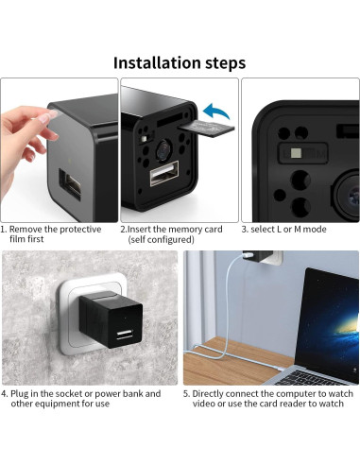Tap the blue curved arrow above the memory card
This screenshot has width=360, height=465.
tap(215, 112)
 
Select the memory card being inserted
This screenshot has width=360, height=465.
tap(207, 129)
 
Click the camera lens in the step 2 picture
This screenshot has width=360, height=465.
tap(163, 150)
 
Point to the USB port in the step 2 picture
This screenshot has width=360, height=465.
tap(164, 173)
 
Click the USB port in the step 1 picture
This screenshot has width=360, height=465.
tap(70, 184)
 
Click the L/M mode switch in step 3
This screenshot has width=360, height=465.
tap(302, 153)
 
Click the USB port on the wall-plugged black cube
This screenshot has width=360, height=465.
tap(125, 335)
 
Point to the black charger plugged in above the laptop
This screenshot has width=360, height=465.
tap(258, 256)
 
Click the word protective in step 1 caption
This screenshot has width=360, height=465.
tap(80, 230)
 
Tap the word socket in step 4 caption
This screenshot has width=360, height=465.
tap(69, 393)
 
